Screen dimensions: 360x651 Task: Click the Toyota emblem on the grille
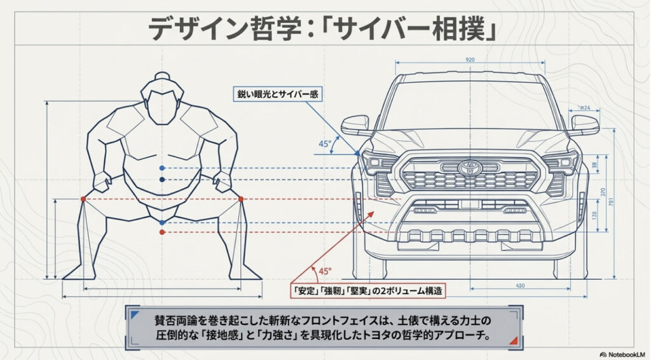pos(470,167)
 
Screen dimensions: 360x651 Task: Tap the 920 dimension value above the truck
pos(470,59)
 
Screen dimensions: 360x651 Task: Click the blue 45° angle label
pos(325,144)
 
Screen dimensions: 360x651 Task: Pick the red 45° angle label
pos(325,271)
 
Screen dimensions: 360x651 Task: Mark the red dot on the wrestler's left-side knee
pos(83,199)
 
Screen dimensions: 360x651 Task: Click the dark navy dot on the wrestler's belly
pos(163,180)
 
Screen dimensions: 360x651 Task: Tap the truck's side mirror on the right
pos(584,125)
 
